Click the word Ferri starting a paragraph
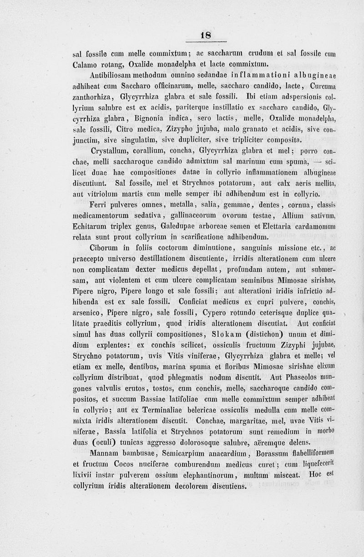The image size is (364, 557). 99,204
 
